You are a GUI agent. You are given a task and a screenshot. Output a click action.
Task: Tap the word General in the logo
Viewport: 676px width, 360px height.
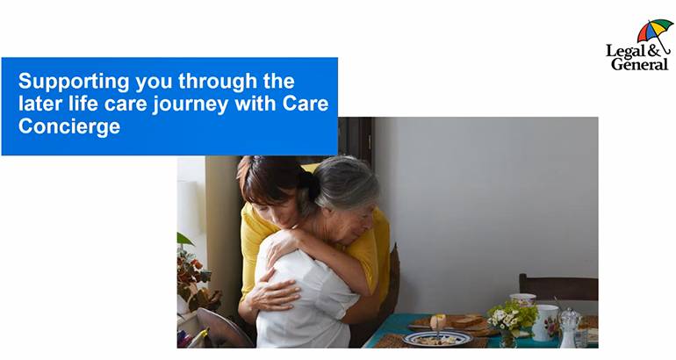point(639,64)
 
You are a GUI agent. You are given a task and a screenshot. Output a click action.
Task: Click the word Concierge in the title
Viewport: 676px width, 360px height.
point(69,126)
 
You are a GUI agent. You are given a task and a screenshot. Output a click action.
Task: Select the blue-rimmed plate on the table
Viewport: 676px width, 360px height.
point(437,338)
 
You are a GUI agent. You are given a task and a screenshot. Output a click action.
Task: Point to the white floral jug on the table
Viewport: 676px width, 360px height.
point(544,322)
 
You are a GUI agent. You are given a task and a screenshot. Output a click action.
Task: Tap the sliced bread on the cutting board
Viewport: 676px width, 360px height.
point(465,321)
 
